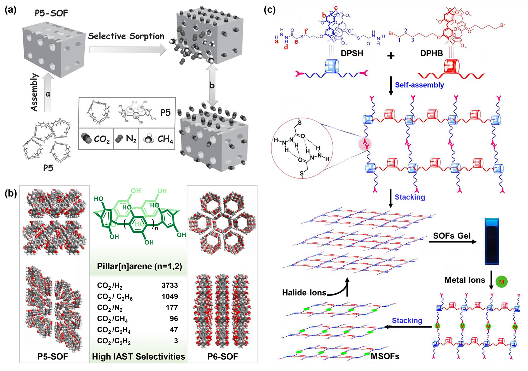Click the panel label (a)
[x=11, y=10]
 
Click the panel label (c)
[x=270, y=10]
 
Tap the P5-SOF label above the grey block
[x=51, y=13]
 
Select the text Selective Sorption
[x=126, y=36]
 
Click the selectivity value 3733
[x=170, y=285]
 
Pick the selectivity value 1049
[x=170, y=296]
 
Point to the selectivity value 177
[x=172, y=308]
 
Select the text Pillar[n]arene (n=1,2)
[x=139, y=266]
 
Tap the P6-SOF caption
[x=222, y=356]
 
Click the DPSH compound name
[x=352, y=53]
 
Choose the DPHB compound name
[x=431, y=53]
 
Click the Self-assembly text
[x=419, y=85]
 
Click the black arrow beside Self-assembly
[x=391, y=86]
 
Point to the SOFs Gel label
[x=451, y=236]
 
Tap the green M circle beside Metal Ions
[x=501, y=282]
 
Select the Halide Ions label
[x=304, y=292]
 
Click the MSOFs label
[x=385, y=356]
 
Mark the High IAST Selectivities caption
[x=138, y=356]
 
